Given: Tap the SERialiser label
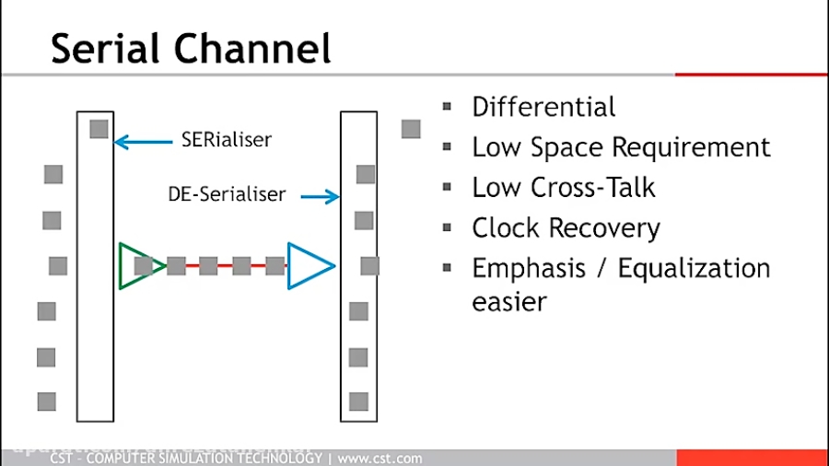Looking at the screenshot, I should point(227,141).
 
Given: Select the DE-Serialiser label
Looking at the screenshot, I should point(227,194).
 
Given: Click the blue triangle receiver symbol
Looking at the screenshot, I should point(309,266).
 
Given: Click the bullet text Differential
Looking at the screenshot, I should point(543,107).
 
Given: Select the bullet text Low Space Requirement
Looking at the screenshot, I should point(621,147).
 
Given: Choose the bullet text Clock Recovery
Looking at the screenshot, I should point(566,227).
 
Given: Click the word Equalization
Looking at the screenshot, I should point(694,268).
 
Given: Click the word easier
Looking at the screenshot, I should point(509,301).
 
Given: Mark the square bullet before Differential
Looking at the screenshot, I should point(448,107).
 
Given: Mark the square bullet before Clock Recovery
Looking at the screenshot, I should point(448,227).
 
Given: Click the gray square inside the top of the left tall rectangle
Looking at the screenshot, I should point(99,129).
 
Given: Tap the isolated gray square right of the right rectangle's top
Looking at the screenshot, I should point(411,129).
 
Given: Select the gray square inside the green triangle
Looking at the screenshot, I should point(143,266).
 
